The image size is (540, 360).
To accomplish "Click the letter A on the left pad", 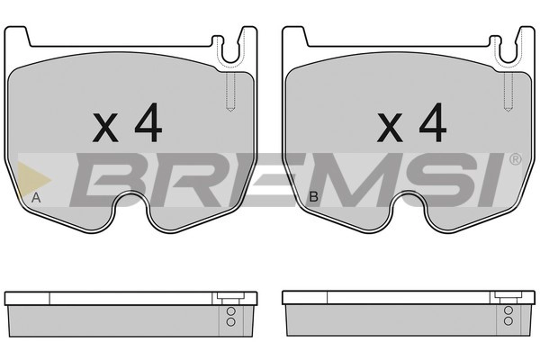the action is click(36, 198).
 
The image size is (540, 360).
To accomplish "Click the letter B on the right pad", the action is click(314, 197).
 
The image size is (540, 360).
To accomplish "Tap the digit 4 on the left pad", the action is click(148, 122).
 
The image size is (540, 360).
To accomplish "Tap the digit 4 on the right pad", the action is click(433, 122).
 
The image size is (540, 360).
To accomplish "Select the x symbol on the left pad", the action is click(105, 128).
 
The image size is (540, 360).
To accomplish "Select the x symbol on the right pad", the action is click(390, 128).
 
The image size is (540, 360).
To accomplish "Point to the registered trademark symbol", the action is click(516, 159).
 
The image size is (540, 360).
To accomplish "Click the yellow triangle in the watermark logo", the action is click(33, 180).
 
